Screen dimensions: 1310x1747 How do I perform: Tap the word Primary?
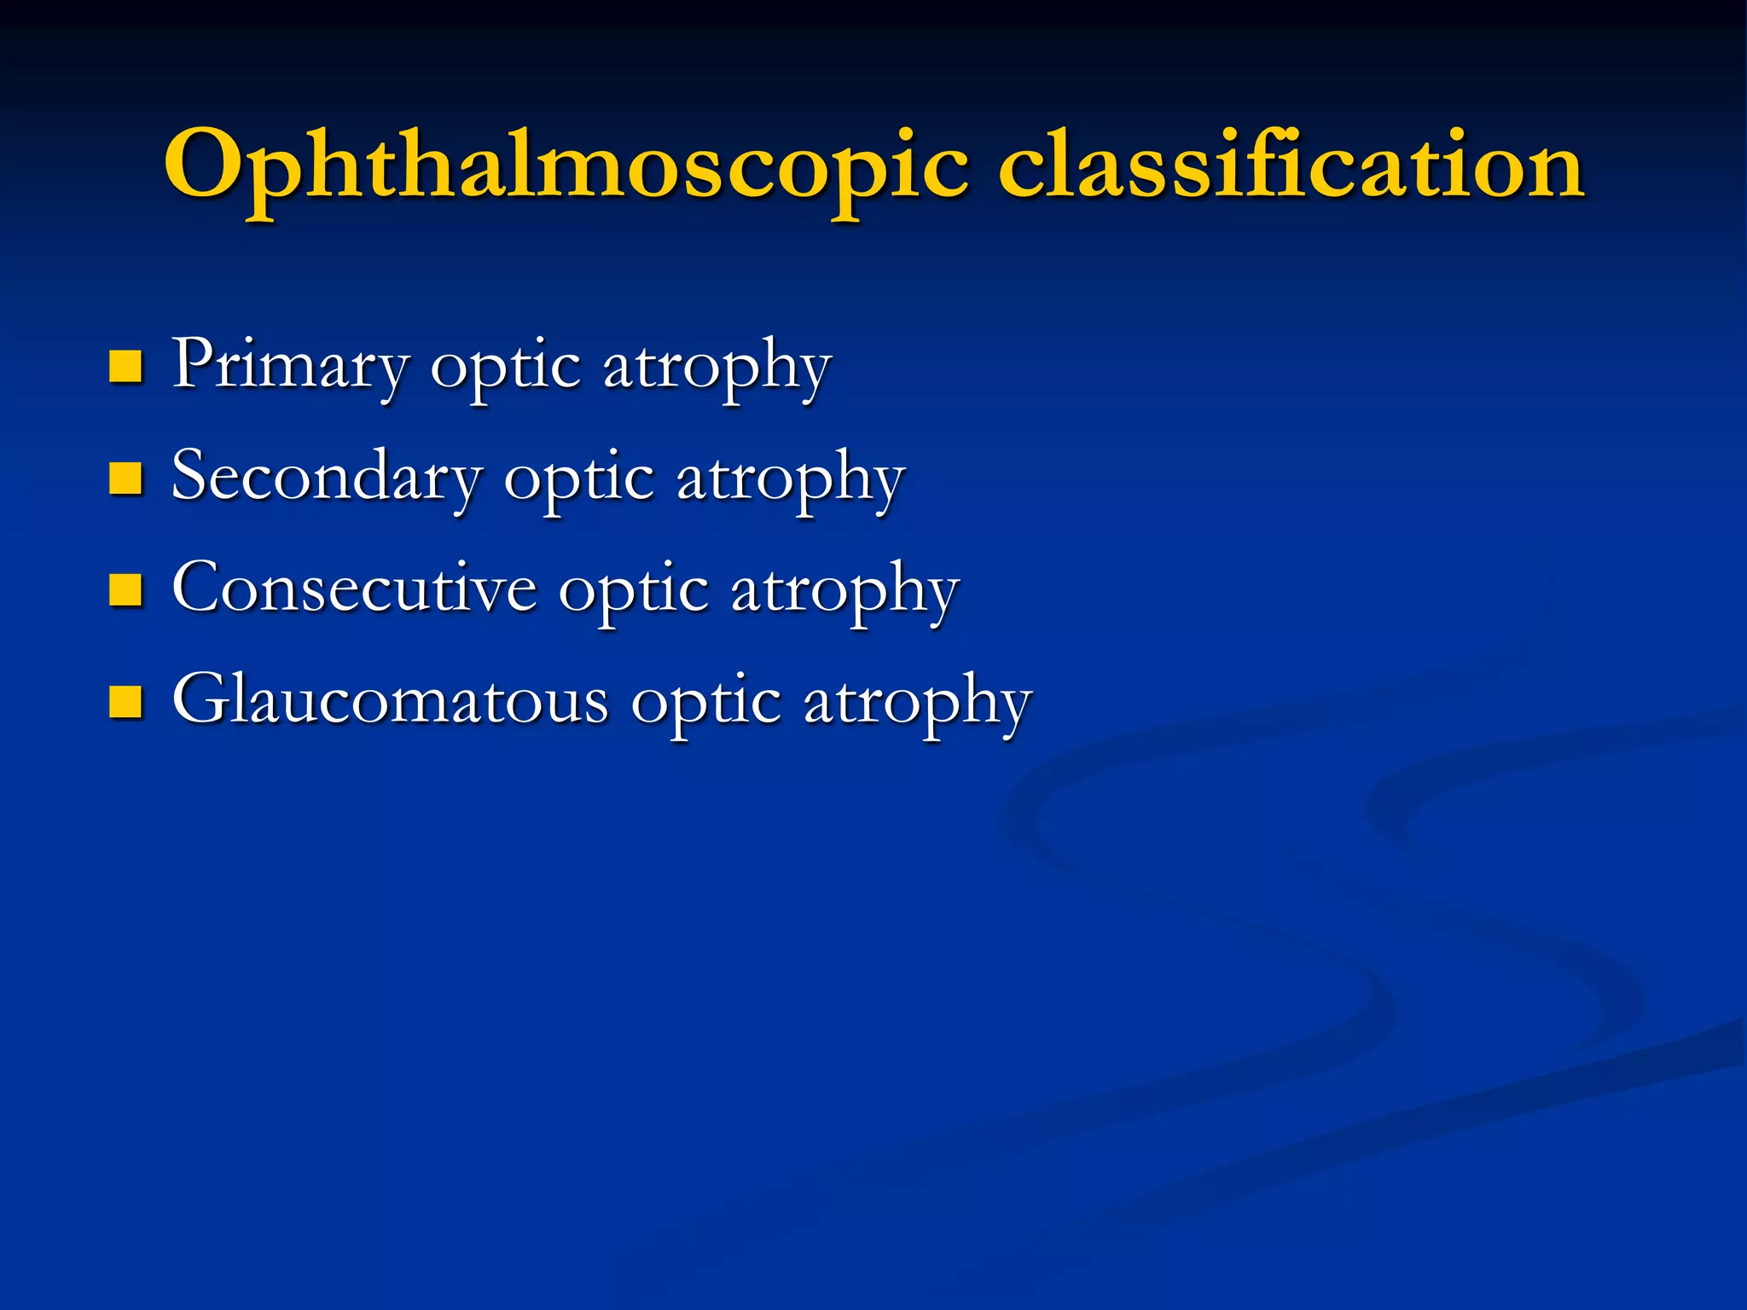(x=290, y=365)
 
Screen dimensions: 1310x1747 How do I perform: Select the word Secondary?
(x=327, y=477)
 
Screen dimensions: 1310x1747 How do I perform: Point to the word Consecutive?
(x=354, y=588)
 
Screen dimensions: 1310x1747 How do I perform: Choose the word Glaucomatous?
(x=391, y=700)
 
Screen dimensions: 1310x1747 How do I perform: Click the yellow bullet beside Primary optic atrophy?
(x=126, y=367)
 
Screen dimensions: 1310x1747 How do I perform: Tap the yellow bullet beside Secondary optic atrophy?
(x=126, y=478)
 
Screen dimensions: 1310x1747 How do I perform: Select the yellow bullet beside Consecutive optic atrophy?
(x=126, y=590)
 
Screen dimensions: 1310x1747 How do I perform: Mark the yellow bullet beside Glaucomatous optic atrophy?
(x=126, y=702)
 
